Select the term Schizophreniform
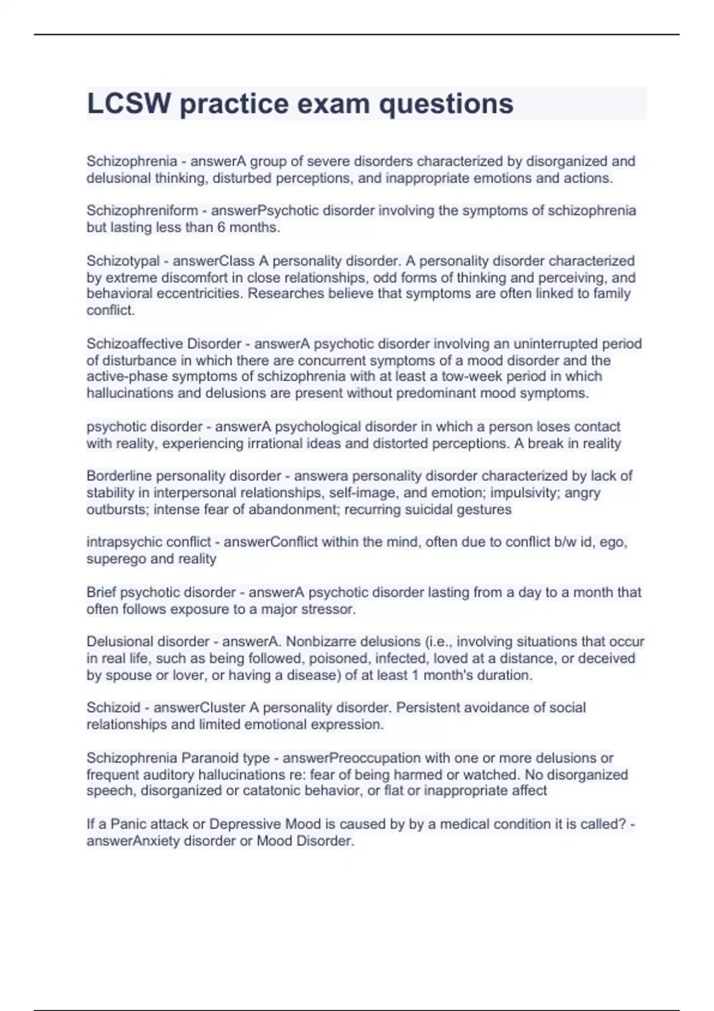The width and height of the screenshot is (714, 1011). [142, 211]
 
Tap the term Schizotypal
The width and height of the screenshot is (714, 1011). [123, 260]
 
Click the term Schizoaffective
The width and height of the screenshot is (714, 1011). [134, 344]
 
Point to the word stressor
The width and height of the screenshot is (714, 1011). [330, 609]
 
